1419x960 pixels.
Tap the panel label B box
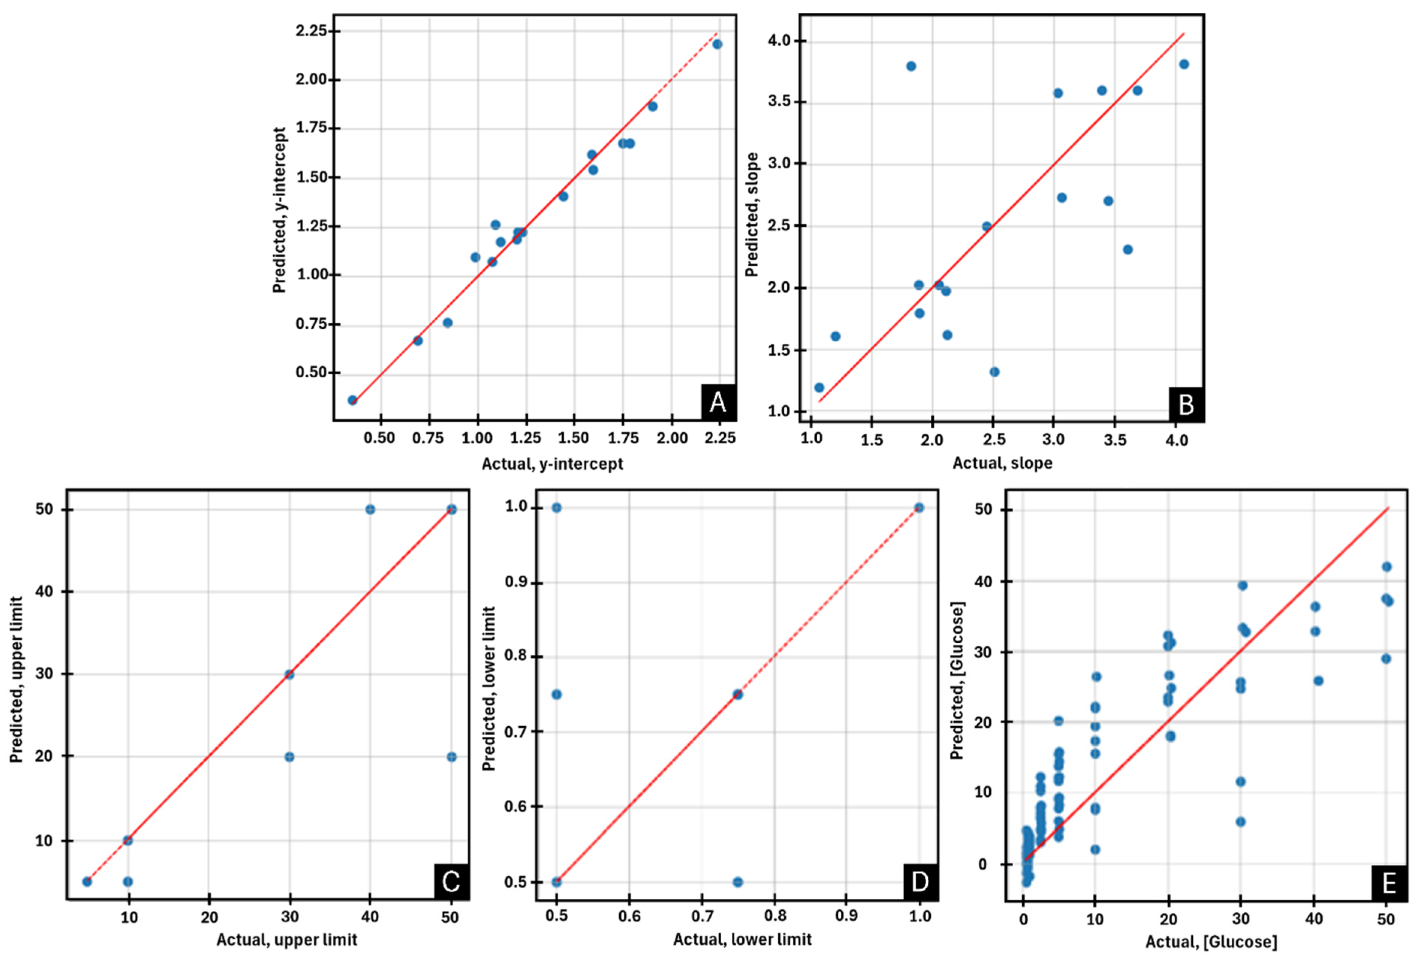point(1186,404)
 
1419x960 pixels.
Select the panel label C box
point(451,881)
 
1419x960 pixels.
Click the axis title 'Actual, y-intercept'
point(552,464)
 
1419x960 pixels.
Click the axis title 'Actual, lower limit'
point(742,939)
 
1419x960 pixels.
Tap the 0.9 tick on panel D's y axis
point(516,583)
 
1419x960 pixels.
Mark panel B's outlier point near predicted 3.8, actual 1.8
point(911,66)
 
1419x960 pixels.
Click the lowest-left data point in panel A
point(352,400)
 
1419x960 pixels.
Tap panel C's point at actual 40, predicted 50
point(370,509)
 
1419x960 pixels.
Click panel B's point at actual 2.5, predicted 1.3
point(994,372)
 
